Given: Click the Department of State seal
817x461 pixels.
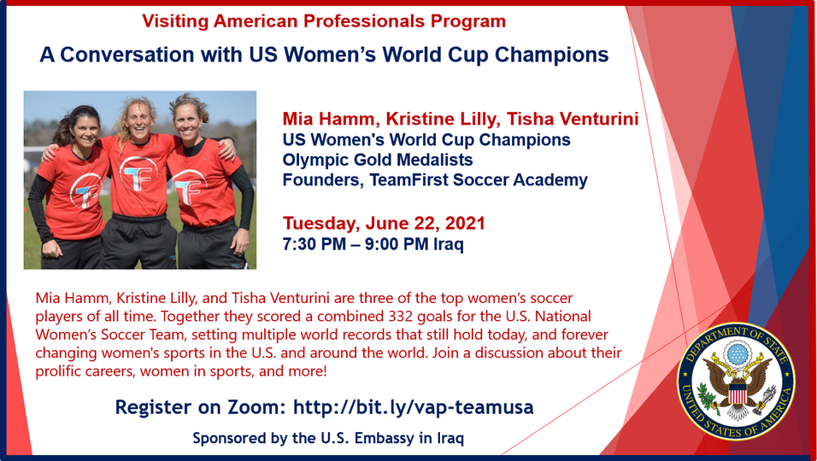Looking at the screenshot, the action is click(736, 382).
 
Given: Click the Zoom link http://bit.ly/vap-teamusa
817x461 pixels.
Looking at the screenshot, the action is click(413, 407).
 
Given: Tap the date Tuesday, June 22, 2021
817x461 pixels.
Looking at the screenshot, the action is click(384, 223).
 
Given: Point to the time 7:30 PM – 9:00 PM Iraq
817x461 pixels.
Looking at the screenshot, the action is click(373, 244).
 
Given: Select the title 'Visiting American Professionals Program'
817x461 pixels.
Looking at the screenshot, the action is click(324, 21).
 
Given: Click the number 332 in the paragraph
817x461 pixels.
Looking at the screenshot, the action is click(404, 317).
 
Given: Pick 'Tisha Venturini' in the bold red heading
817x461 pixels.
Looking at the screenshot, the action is click(573, 120).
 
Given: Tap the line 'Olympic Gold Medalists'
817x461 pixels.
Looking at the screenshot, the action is click(378, 160).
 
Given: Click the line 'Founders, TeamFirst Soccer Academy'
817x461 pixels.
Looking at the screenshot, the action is click(435, 180).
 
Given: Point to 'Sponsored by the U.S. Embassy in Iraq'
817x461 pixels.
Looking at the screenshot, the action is click(328, 438).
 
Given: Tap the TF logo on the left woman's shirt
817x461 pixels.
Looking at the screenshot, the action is click(85, 191).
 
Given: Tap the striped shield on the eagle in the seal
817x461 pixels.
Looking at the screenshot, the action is click(737, 393).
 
